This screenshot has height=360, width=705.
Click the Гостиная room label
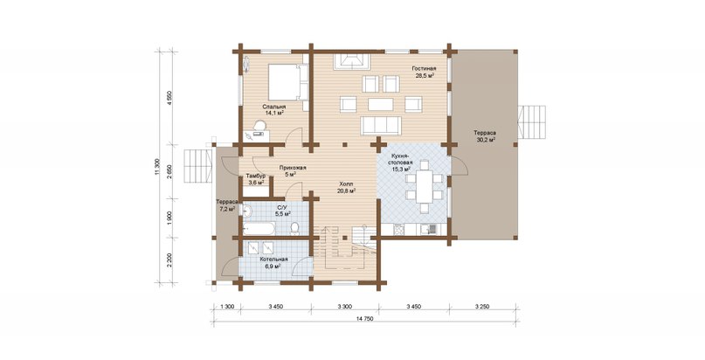(424, 72)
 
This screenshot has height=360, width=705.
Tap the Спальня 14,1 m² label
(273, 110)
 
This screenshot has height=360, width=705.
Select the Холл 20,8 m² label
(346, 187)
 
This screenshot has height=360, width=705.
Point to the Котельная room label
(273, 263)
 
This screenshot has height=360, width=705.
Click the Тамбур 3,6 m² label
(255, 179)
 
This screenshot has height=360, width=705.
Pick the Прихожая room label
(293, 170)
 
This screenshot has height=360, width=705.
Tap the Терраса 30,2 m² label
(484, 136)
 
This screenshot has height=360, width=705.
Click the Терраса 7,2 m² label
(225, 205)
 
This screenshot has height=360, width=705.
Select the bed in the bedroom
(287, 82)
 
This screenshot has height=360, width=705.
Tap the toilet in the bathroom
(295, 228)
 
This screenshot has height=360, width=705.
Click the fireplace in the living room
(351, 61)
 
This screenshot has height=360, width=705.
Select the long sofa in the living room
(381, 125)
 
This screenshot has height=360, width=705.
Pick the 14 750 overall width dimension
(365, 319)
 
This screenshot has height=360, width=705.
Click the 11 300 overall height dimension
(157, 167)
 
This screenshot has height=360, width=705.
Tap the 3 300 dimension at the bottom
(345, 307)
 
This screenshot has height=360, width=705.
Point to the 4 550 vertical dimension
(169, 98)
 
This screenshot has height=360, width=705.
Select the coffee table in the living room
(380, 104)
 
